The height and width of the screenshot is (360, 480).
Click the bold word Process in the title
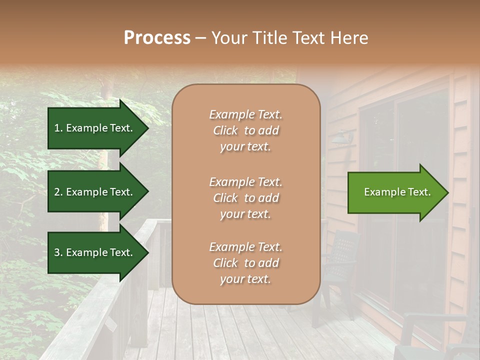pyautogui.click(x=157, y=38)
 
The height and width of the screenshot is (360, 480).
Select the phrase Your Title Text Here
pyautogui.click(x=289, y=38)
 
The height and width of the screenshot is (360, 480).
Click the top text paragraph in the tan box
pyautogui.click(x=245, y=130)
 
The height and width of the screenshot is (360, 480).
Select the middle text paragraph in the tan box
pyautogui.click(x=245, y=198)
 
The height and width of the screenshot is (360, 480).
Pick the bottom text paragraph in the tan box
pyautogui.click(x=245, y=263)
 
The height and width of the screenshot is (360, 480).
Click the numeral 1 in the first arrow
pyautogui.click(x=56, y=128)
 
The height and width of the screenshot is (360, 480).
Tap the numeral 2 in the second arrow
pyautogui.click(x=57, y=192)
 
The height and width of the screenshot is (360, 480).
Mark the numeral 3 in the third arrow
pyautogui.click(x=57, y=252)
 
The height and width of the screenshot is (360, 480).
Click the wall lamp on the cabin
pyautogui.click(x=344, y=136)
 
